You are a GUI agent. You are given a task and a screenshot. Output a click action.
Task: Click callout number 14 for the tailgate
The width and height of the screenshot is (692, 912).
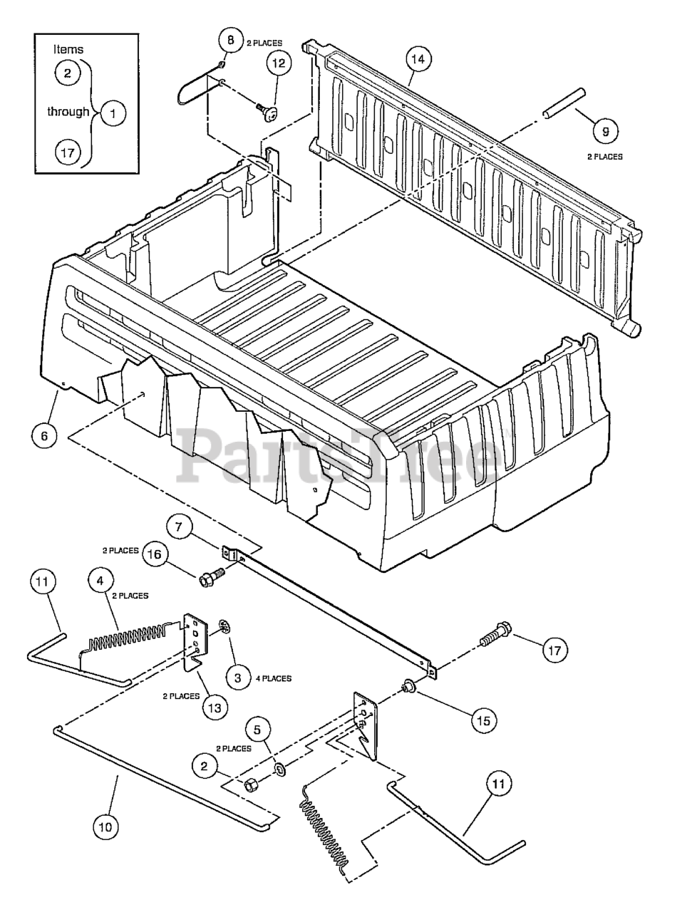[x=418, y=59]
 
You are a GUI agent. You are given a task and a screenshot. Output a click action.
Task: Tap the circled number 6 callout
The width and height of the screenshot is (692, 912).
[x=44, y=434]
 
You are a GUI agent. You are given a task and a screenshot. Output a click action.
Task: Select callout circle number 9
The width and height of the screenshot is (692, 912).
[x=605, y=130]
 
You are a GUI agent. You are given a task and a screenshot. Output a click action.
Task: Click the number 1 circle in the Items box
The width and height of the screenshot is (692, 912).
[x=113, y=112]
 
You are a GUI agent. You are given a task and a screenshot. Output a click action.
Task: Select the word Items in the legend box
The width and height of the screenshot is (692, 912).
[x=68, y=49]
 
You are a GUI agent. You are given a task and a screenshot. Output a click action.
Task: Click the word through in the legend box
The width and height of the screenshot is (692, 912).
[x=68, y=112]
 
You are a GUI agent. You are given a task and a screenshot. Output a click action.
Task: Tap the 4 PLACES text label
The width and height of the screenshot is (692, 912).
[x=273, y=678]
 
